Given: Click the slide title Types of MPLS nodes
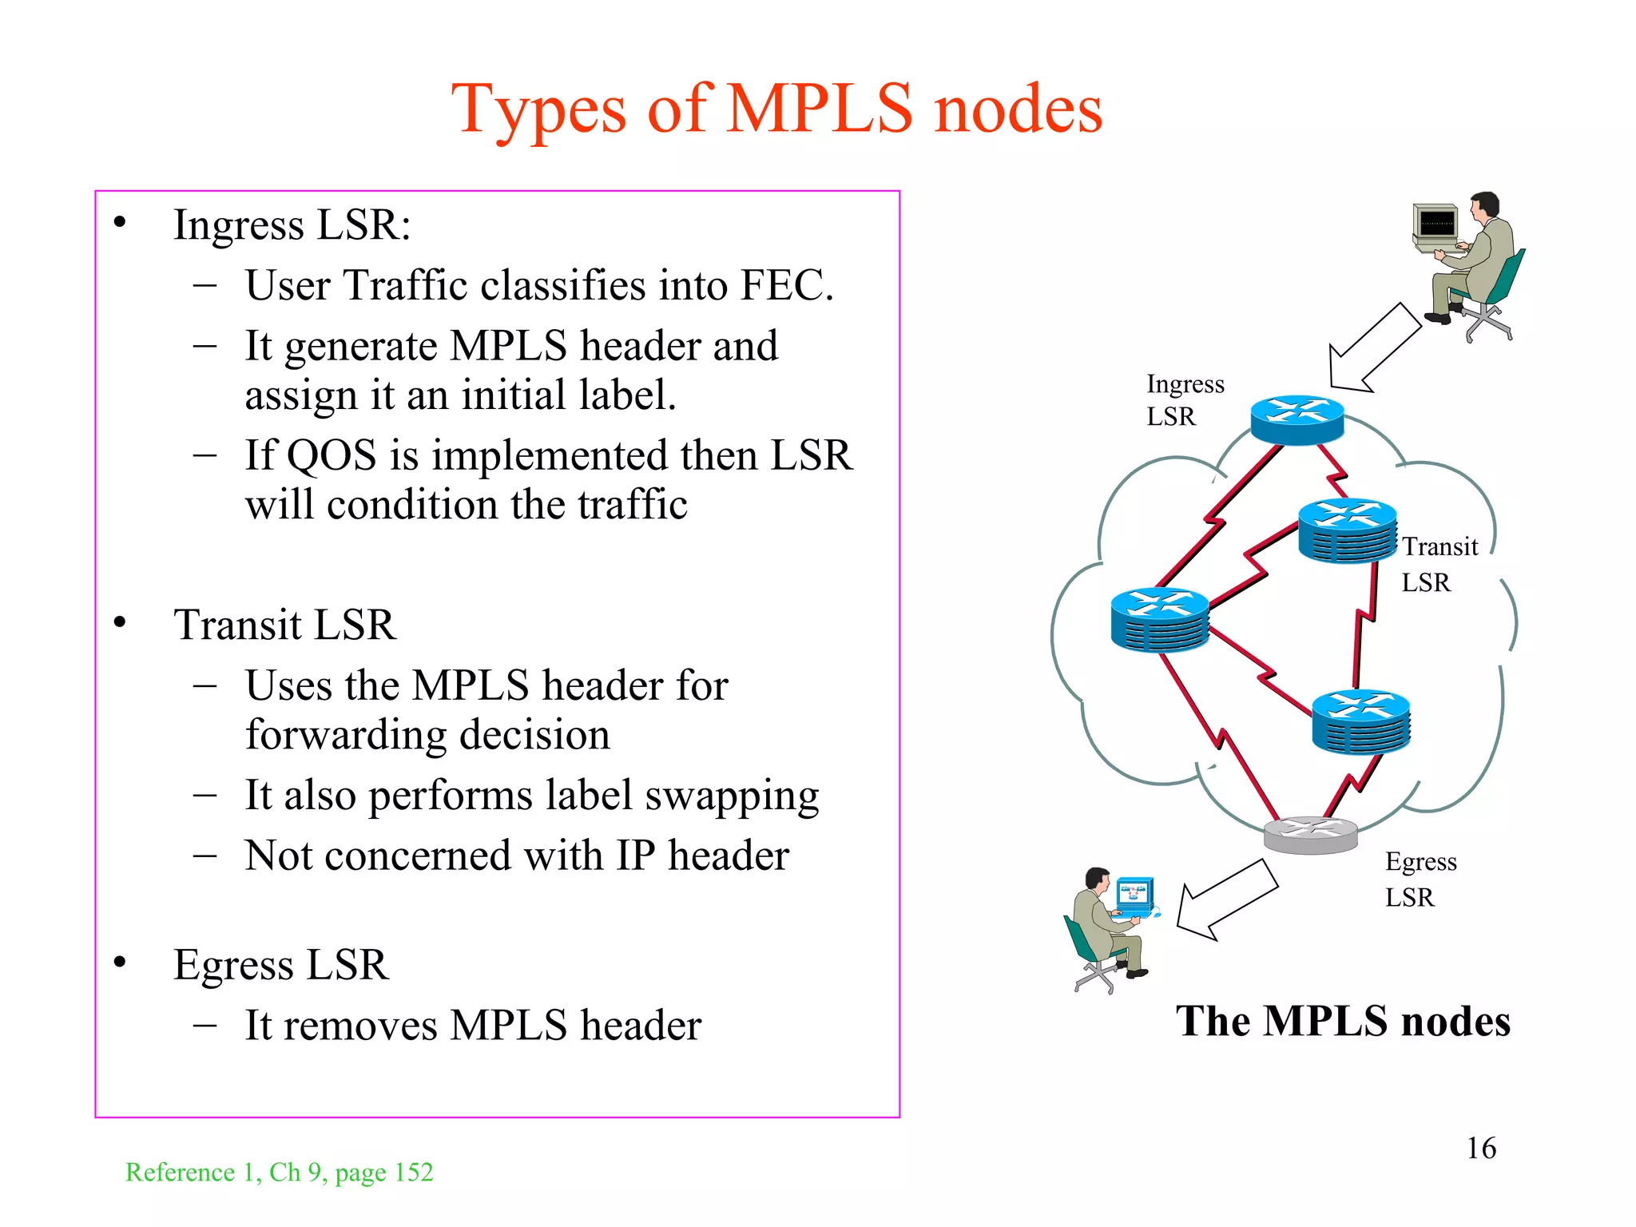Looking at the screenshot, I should pyautogui.click(x=776, y=109).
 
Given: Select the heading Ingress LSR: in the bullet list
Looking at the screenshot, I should pyautogui.click(x=292, y=224).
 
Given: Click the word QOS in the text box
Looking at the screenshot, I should pyautogui.click(x=331, y=456).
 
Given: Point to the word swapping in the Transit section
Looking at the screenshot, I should pyautogui.click(x=732, y=796).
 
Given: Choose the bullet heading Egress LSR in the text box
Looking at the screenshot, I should pyautogui.click(x=281, y=964).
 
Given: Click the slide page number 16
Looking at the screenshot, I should pyautogui.click(x=1481, y=1148).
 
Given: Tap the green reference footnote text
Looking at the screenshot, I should pyautogui.click(x=280, y=1172).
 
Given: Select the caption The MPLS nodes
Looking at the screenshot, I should pyautogui.click(x=1343, y=1021).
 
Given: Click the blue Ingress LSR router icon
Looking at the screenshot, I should pyautogui.click(x=1296, y=419).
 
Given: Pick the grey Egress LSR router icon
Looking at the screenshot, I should pyautogui.click(x=1310, y=835).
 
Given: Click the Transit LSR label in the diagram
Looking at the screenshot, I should pyautogui.click(x=1439, y=564).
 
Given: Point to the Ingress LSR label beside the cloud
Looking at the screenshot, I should pyautogui.click(x=1185, y=399).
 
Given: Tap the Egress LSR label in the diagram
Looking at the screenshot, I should pyautogui.click(x=1420, y=879).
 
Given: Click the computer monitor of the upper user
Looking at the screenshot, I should pyautogui.click(x=1436, y=224).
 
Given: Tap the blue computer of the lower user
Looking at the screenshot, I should pyautogui.click(x=1135, y=897).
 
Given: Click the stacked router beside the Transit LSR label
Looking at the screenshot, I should pyautogui.click(x=1347, y=531).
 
